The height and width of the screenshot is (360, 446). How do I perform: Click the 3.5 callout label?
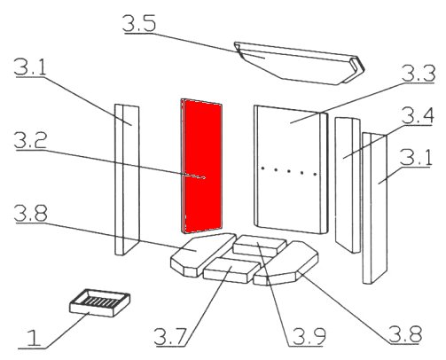coord(139,23)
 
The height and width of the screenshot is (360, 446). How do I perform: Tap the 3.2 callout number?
coord(30,140)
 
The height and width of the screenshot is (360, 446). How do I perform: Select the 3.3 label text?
coord(419,74)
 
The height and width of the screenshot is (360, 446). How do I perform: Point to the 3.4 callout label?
coord(418,115)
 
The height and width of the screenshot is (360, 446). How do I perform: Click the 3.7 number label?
coord(171,337)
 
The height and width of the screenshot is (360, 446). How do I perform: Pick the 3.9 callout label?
coord(309,336)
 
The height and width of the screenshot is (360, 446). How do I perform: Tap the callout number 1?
coord(34,339)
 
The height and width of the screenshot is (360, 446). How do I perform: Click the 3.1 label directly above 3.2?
coord(30,67)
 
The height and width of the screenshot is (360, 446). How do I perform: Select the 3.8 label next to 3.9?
coord(405,334)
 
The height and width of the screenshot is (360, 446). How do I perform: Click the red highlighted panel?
coord(201,166)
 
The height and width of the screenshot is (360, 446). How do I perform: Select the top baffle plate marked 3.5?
coord(300,64)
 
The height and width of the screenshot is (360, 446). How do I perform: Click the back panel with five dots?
coord(291,169)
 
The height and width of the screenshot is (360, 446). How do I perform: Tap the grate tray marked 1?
coord(99,303)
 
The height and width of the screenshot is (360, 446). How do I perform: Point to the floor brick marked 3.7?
coord(231,270)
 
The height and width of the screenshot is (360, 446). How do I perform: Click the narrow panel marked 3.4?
coord(348,184)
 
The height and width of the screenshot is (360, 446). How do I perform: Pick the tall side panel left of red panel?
coord(127,179)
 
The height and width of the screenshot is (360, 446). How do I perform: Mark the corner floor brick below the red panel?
coord(203,254)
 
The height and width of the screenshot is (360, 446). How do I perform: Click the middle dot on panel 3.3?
coord(289,171)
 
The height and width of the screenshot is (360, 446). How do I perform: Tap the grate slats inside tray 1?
coord(99,301)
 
